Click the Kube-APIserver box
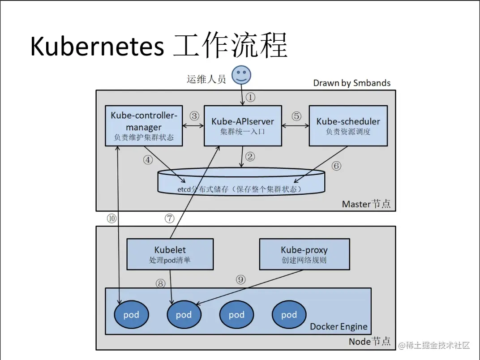(243, 126)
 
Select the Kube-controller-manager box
(144, 126)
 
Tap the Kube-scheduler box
(348, 126)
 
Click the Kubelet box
(170, 254)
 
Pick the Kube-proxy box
(304, 254)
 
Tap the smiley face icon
(241, 75)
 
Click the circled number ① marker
(251, 97)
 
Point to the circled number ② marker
(250, 157)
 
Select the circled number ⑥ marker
(336, 166)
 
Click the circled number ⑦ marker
(169, 219)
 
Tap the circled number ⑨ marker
(241, 280)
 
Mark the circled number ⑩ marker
(111, 219)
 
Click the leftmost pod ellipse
(131, 315)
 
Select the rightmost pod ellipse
(289, 315)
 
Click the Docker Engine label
(339, 326)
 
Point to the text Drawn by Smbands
(351, 83)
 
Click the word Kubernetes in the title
(96, 46)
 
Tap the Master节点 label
(366, 204)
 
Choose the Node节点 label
(369, 342)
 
